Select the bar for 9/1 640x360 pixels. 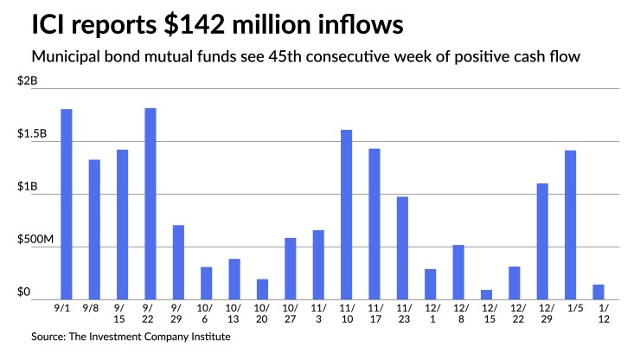67,204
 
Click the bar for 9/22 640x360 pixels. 150,204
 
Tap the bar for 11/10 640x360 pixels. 346,215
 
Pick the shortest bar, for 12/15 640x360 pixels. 486,294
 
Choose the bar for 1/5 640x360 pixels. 570,225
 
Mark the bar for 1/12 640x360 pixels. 598,292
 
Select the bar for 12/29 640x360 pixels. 542,241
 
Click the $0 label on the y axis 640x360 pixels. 25,292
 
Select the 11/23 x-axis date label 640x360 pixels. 401,312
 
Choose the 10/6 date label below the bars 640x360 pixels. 206,312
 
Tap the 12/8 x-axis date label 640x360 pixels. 458,312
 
